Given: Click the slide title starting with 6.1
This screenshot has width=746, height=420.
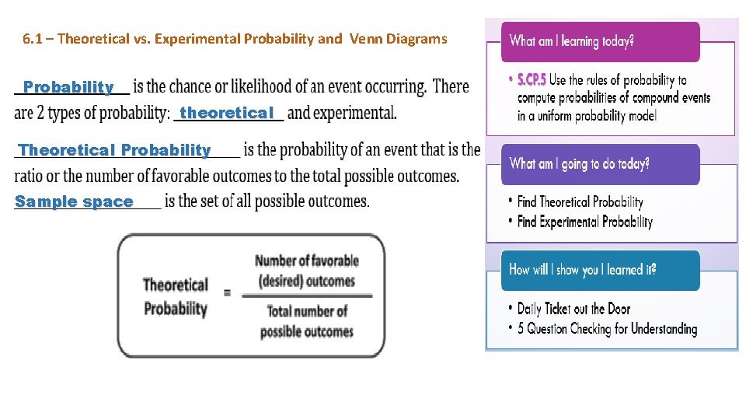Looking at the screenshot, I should (235, 39).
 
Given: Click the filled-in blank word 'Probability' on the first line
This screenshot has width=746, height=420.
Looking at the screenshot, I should (68, 86).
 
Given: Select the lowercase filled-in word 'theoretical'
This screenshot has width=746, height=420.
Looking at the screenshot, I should (227, 113).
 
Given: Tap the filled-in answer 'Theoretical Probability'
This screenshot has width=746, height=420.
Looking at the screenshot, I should (114, 150).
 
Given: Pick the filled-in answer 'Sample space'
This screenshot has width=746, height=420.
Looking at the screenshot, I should (74, 201).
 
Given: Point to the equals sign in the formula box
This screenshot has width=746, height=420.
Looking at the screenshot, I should (227, 293).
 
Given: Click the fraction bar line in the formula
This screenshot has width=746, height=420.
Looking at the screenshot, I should (306, 296).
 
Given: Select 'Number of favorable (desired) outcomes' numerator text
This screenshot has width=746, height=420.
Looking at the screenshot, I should (306, 271).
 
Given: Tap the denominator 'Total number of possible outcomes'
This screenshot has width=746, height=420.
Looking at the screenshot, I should (306, 321).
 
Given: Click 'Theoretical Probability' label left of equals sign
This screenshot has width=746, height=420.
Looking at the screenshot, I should (175, 296).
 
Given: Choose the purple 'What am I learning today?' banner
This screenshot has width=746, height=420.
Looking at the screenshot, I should (600, 42).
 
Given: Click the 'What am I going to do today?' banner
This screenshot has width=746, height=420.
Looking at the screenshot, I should (600, 164).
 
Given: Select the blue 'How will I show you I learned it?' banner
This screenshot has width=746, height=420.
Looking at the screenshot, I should (600, 270).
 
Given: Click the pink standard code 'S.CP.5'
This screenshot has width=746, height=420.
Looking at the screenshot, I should (532, 80).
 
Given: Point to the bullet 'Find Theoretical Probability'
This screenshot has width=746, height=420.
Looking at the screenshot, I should (580, 202).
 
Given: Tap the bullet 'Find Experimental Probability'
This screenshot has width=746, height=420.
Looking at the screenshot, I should (584, 222).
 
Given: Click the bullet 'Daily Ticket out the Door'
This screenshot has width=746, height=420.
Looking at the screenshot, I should (573, 309).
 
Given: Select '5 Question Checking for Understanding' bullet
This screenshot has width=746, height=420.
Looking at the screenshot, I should (607, 329).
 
